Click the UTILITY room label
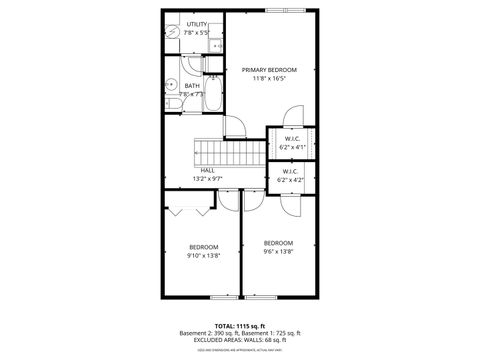click(x=196, y=24)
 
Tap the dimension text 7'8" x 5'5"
click(x=196, y=32)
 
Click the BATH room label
click(x=192, y=86)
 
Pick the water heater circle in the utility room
click(x=171, y=31)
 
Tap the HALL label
click(x=207, y=171)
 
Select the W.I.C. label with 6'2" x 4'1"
click(x=291, y=139)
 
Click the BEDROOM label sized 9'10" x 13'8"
click(x=204, y=247)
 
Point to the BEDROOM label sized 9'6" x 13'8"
click(x=278, y=243)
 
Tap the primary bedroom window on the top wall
click(x=280, y=10)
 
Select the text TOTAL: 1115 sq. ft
click(x=240, y=326)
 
